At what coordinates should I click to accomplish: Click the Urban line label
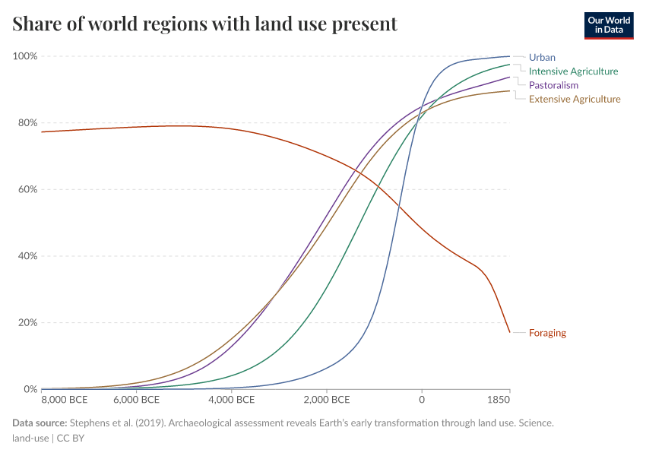click(542, 57)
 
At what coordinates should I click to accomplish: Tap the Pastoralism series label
click(553, 85)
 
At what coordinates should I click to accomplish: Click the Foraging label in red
click(547, 333)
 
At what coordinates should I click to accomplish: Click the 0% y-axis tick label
click(30, 389)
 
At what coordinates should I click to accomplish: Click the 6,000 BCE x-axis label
click(136, 400)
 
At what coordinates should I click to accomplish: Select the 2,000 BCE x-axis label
click(326, 400)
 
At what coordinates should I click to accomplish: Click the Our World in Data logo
click(608, 25)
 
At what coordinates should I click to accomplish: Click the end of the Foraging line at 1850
click(509, 332)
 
